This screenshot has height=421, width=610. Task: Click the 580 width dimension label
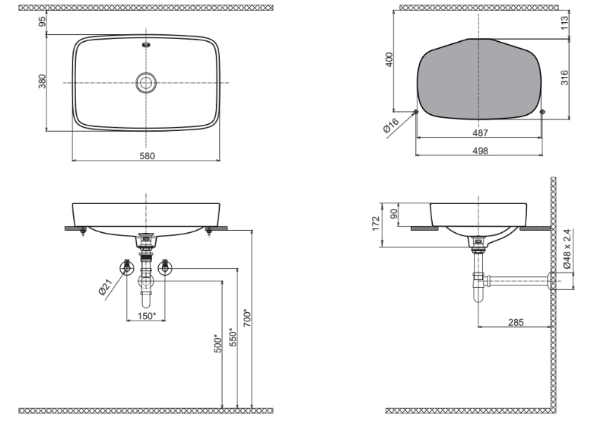pos(147,156)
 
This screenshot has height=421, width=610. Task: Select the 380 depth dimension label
pos(43,81)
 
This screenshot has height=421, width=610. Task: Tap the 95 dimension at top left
pos(43,23)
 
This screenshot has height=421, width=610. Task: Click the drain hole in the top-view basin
pos(145,82)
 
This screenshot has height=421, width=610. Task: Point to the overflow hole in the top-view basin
pos(145,45)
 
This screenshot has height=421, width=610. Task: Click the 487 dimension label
pos(479,132)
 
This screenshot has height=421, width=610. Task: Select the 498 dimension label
pos(479,151)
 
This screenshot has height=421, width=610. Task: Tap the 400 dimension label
pos(389,60)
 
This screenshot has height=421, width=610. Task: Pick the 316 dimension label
pos(564,78)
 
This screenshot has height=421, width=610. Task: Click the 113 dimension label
pos(564,24)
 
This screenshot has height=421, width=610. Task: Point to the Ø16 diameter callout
pos(392,127)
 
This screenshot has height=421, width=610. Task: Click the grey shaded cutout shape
pos(478,80)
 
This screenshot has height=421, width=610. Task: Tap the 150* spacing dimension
pos(147,315)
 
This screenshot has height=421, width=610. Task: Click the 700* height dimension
pos(246,317)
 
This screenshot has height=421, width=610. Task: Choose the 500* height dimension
pos(217,343)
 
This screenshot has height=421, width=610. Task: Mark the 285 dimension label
pos(515,322)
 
